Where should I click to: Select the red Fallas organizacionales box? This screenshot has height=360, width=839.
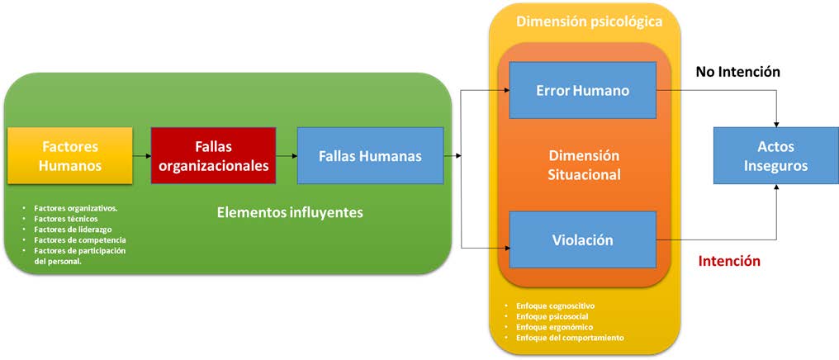point(213,155)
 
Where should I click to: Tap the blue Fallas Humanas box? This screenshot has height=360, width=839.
point(370,155)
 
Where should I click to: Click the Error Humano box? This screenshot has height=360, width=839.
point(583,90)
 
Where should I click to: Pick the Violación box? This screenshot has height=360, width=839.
point(583,240)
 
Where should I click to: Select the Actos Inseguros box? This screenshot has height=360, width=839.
point(775,156)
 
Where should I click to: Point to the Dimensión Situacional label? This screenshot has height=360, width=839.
point(585,165)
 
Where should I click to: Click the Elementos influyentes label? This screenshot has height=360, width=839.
point(290,212)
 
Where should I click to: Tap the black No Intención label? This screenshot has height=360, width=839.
point(737,72)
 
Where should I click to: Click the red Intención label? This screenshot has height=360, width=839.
point(729,261)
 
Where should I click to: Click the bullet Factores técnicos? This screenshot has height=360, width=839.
point(65,218)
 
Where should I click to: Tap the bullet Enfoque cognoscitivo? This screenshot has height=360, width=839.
point(555,306)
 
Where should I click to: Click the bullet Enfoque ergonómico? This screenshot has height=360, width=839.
point(552,327)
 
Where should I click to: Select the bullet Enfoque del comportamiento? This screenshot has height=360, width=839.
point(569,338)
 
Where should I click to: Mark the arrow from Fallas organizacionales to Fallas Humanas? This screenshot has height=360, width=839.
point(286,155)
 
